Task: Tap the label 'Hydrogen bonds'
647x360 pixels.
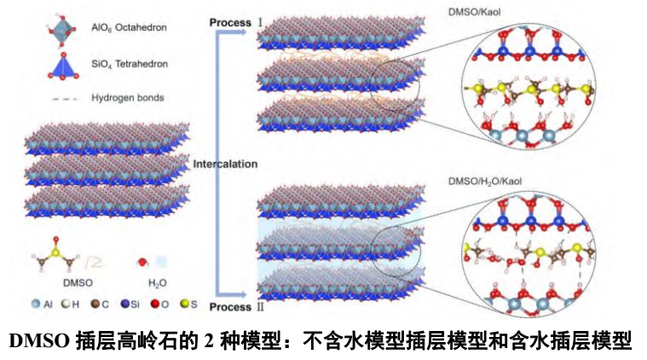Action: tap(127, 98)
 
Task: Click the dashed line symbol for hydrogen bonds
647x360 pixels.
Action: tap(65, 98)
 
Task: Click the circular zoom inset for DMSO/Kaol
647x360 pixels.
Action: tap(531, 95)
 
